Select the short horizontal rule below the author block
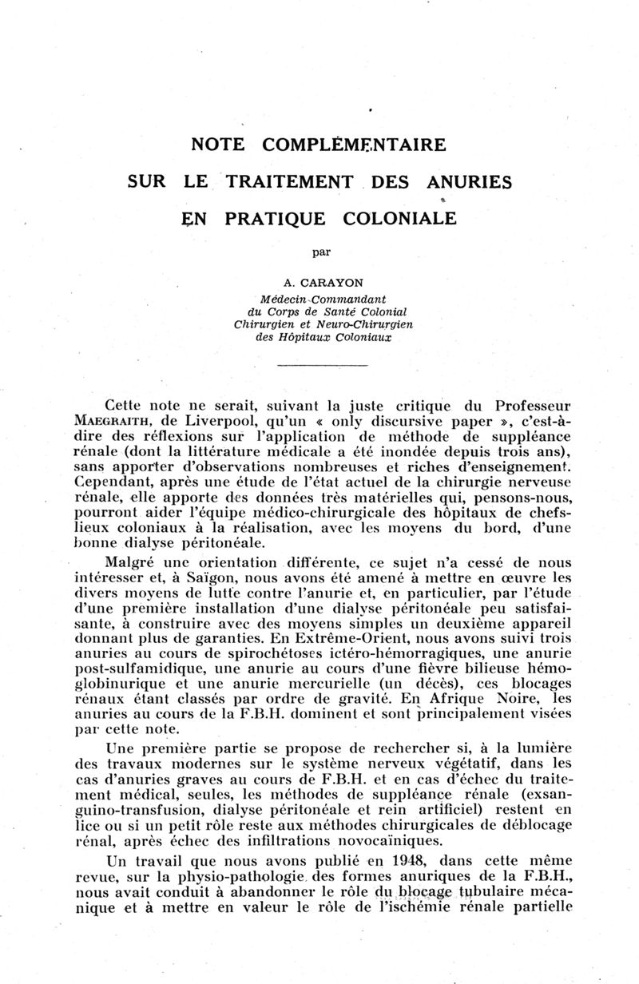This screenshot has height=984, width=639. [321, 367]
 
